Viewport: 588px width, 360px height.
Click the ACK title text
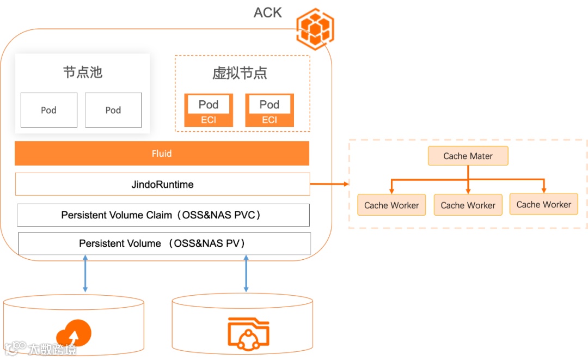tap(267, 13)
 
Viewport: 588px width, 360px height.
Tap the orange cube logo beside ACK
tap(315, 29)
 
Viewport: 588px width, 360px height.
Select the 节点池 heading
tap(83, 72)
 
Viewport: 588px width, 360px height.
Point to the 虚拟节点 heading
tap(240, 73)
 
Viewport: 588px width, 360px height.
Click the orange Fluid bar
tap(162, 154)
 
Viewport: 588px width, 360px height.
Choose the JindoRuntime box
tap(163, 184)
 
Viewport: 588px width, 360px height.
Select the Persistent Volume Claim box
tap(163, 215)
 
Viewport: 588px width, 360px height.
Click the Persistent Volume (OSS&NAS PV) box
tap(164, 243)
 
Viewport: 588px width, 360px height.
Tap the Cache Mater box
tap(468, 156)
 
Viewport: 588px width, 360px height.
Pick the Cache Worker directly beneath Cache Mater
tap(468, 205)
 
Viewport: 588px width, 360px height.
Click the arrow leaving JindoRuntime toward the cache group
tap(329, 184)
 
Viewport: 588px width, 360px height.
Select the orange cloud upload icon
tap(74, 333)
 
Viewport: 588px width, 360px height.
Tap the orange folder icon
tap(249, 334)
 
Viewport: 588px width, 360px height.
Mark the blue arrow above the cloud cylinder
tap(85, 273)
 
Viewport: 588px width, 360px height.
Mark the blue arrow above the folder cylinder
tap(246, 273)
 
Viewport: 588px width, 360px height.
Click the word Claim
tap(159, 215)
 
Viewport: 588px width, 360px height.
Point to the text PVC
tap(244, 215)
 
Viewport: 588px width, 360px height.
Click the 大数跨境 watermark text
tap(52, 350)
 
